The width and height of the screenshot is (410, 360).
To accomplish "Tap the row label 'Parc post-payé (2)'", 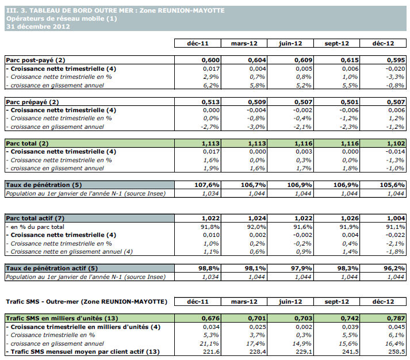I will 35,60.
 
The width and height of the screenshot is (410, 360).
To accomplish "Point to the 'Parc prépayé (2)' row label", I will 33,102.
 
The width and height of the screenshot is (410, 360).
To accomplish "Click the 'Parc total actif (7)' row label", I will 35,219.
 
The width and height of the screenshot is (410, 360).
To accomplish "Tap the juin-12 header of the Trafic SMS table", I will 289,301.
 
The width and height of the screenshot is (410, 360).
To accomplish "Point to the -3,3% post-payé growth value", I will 385,76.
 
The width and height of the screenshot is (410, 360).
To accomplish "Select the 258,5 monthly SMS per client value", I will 385,351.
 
